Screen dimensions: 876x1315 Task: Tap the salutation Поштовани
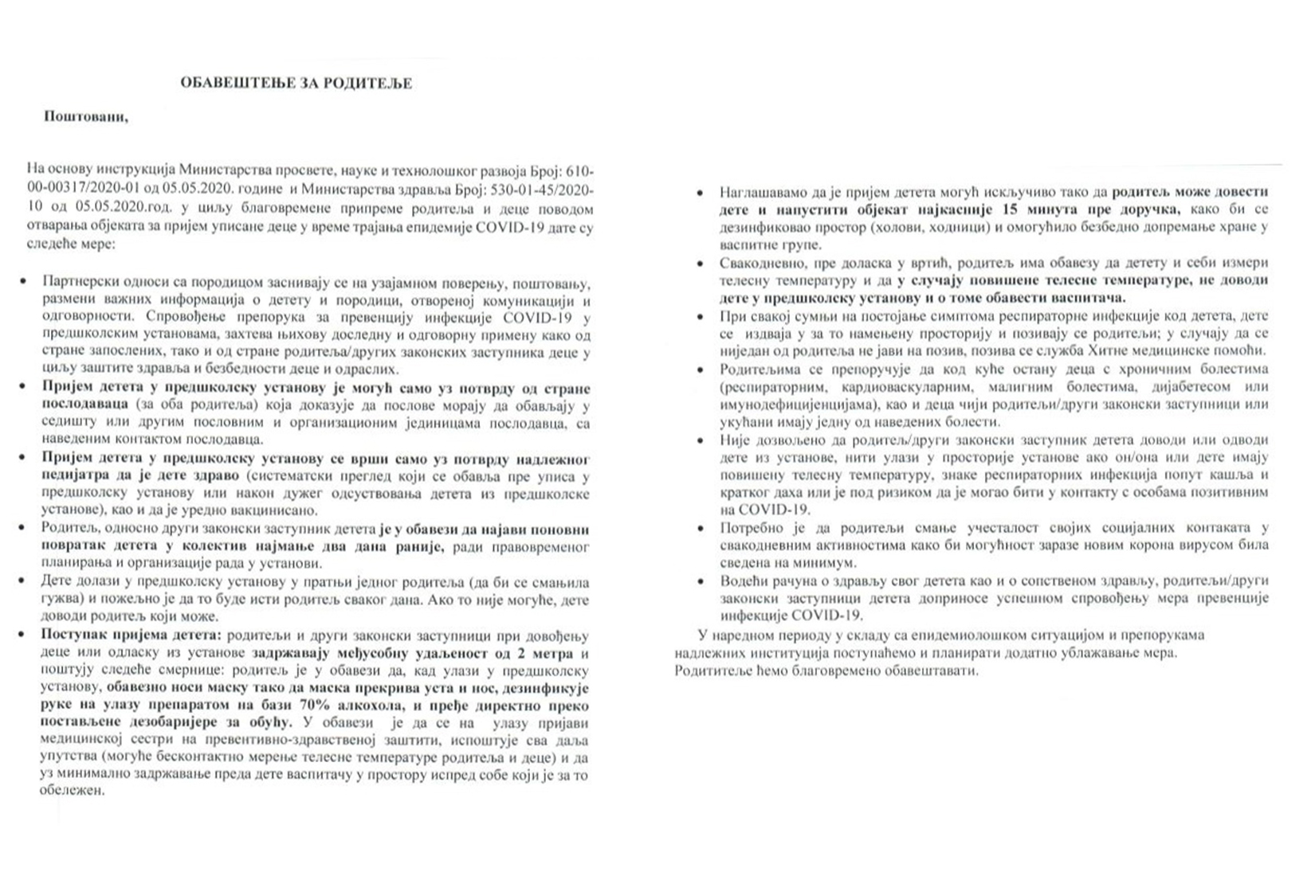(x=86, y=117)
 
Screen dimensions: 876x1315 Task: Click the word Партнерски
(x=78, y=284)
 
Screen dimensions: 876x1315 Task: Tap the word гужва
(x=57, y=598)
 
